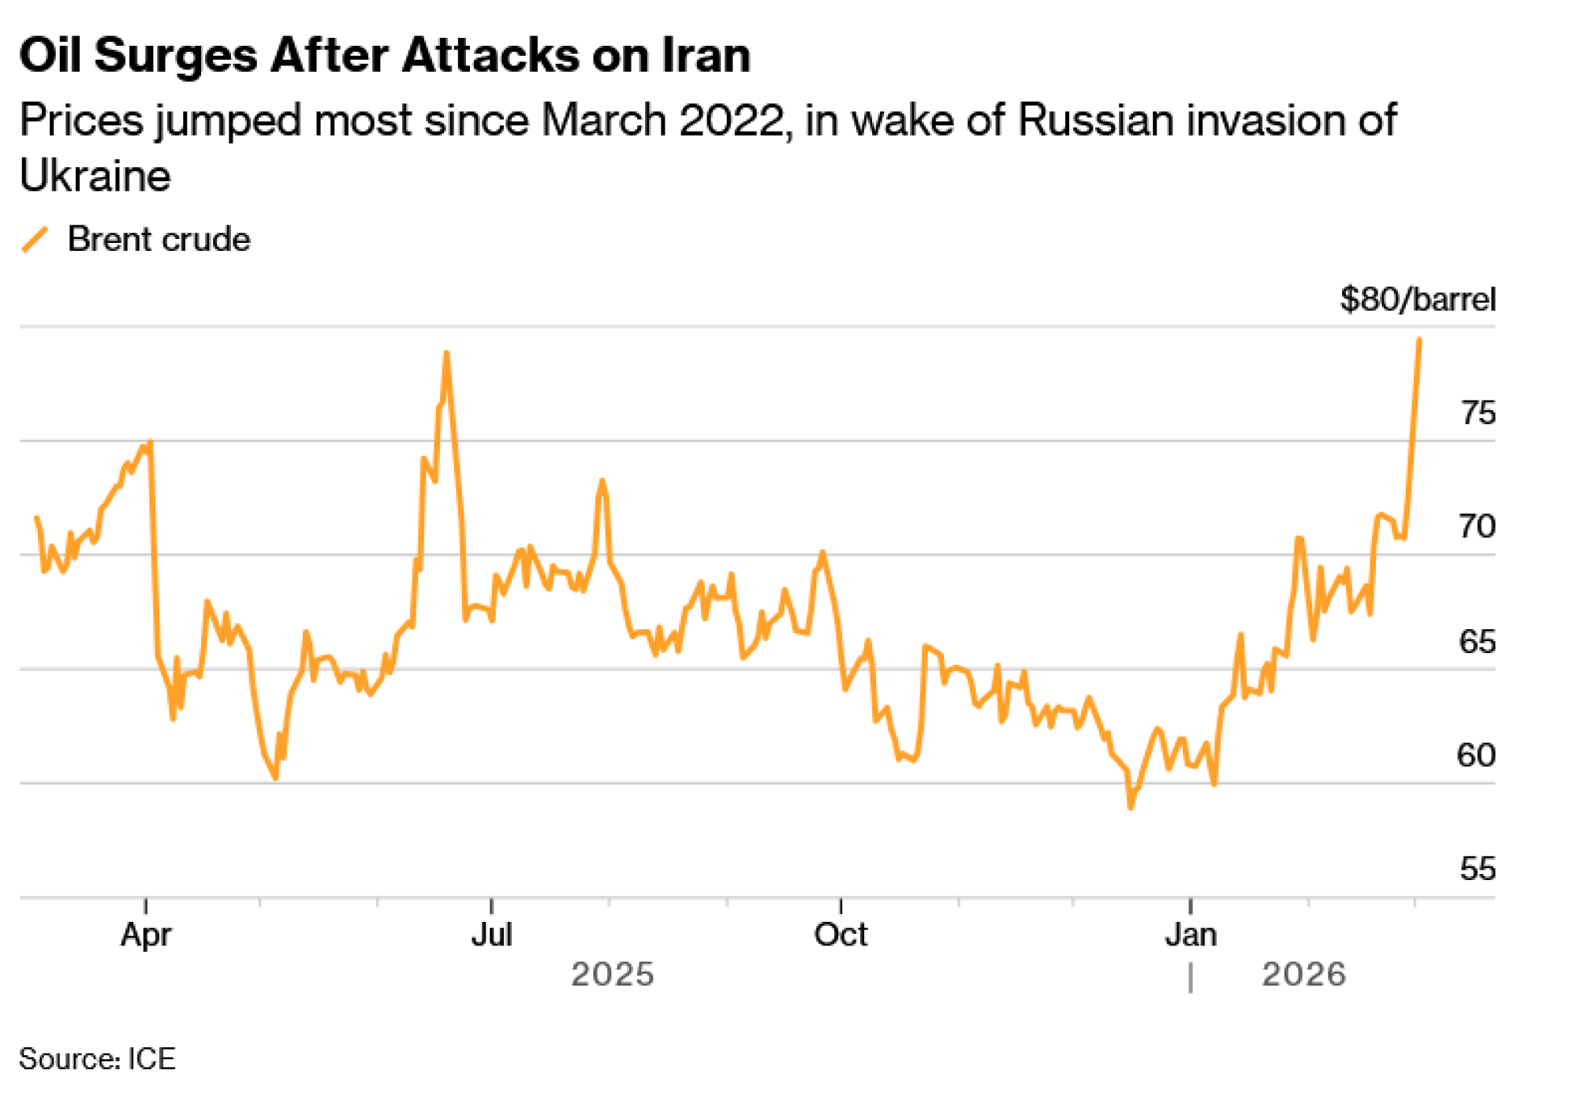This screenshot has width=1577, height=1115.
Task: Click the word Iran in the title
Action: point(706,56)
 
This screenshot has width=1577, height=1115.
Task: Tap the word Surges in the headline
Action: point(175,58)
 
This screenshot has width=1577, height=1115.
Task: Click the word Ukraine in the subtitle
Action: point(95,175)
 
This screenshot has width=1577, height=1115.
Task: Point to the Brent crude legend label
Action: point(158,239)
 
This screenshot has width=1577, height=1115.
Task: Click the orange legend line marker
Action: point(35,239)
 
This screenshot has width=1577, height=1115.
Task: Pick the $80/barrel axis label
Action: point(1417,300)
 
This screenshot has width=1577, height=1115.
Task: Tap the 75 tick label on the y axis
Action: point(1477,413)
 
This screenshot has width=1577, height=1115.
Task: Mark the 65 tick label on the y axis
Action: point(1477,642)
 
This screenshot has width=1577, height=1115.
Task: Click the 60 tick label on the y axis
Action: point(1476,755)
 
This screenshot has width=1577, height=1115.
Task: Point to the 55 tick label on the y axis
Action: point(1477,869)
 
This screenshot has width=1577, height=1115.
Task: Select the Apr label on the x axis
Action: point(146,935)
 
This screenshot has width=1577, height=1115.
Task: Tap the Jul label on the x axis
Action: point(492,935)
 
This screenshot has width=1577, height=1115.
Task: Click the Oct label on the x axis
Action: point(841,935)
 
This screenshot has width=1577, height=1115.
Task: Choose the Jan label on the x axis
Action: point(1191,935)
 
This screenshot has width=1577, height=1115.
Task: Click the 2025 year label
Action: point(613,975)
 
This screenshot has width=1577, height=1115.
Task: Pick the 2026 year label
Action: point(1303,975)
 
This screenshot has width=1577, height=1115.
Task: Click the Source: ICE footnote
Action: point(97,1059)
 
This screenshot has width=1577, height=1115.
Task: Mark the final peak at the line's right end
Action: point(1419,340)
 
